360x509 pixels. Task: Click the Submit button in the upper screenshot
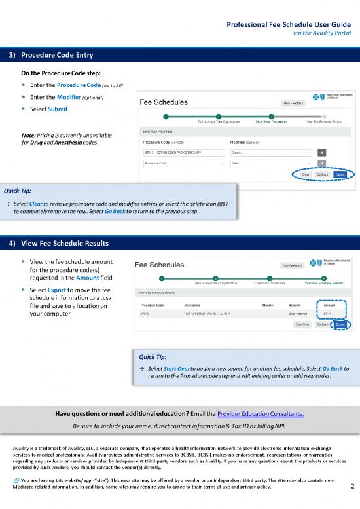(340, 175)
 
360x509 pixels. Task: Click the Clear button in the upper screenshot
(306, 175)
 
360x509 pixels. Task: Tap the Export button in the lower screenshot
(340, 324)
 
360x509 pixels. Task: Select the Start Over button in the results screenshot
(302, 324)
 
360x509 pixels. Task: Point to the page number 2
(352, 486)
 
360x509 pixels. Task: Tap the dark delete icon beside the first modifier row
(322, 152)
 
